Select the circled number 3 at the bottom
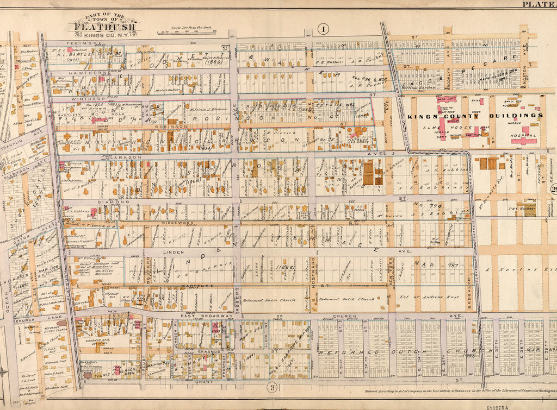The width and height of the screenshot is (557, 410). [271, 386]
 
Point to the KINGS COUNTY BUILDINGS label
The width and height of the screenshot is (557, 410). [475, 116]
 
